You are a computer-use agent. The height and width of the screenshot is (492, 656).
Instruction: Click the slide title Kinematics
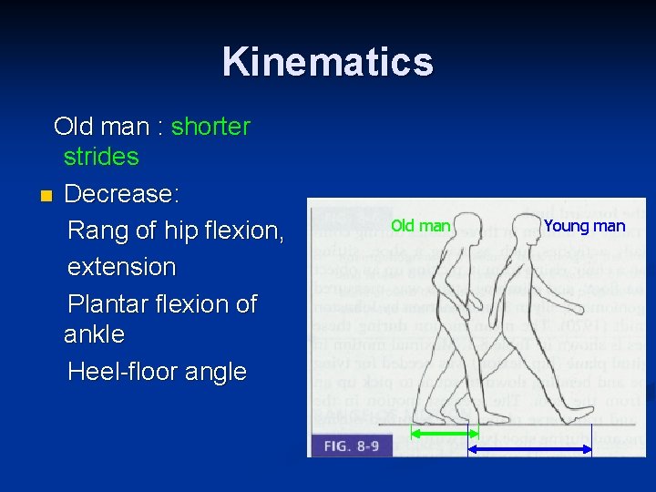[x=327, y=62]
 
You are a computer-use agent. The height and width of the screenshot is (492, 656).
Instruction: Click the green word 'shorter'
[x=210, y=127]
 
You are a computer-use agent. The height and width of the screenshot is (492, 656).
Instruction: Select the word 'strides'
[x=101, y=157]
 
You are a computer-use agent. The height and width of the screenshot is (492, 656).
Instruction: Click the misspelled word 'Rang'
[x=98, y=231]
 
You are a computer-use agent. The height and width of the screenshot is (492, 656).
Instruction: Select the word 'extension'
[x=122, y=267]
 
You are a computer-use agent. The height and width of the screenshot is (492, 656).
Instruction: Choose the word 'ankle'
[x=94, y=334]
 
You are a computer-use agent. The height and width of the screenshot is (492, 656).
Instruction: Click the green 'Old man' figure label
[x=420, y=225]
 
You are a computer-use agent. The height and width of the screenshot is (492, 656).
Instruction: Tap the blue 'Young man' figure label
[x=584, y=226]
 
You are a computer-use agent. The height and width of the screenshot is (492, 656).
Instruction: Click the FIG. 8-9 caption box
[x=351, y=446]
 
